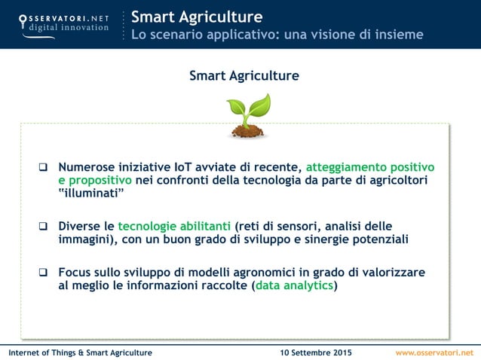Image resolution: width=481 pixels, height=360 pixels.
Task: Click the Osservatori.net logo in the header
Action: tap(63, 23)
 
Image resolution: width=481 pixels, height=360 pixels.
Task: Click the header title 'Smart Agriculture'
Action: tap(197, 17)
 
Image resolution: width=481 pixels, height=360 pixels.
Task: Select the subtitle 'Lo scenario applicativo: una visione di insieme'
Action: tap(277, 35)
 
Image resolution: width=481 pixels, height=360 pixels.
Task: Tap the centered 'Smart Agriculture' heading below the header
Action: tap(244, 76)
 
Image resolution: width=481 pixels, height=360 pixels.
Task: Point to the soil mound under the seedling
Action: tap(247, 131)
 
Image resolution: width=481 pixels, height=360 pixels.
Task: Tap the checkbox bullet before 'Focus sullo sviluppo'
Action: tap(44, 273)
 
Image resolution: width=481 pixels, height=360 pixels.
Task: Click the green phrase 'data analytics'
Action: tap(294, 285)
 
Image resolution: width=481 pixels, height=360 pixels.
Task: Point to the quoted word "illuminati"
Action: tap(91, 194)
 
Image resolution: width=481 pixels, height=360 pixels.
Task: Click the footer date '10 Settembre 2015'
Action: tap(315, 352)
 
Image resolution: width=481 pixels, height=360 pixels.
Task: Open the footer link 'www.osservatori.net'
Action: tap(435, 352)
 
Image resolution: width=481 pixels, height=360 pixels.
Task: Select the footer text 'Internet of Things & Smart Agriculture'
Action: tap(80, 352)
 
